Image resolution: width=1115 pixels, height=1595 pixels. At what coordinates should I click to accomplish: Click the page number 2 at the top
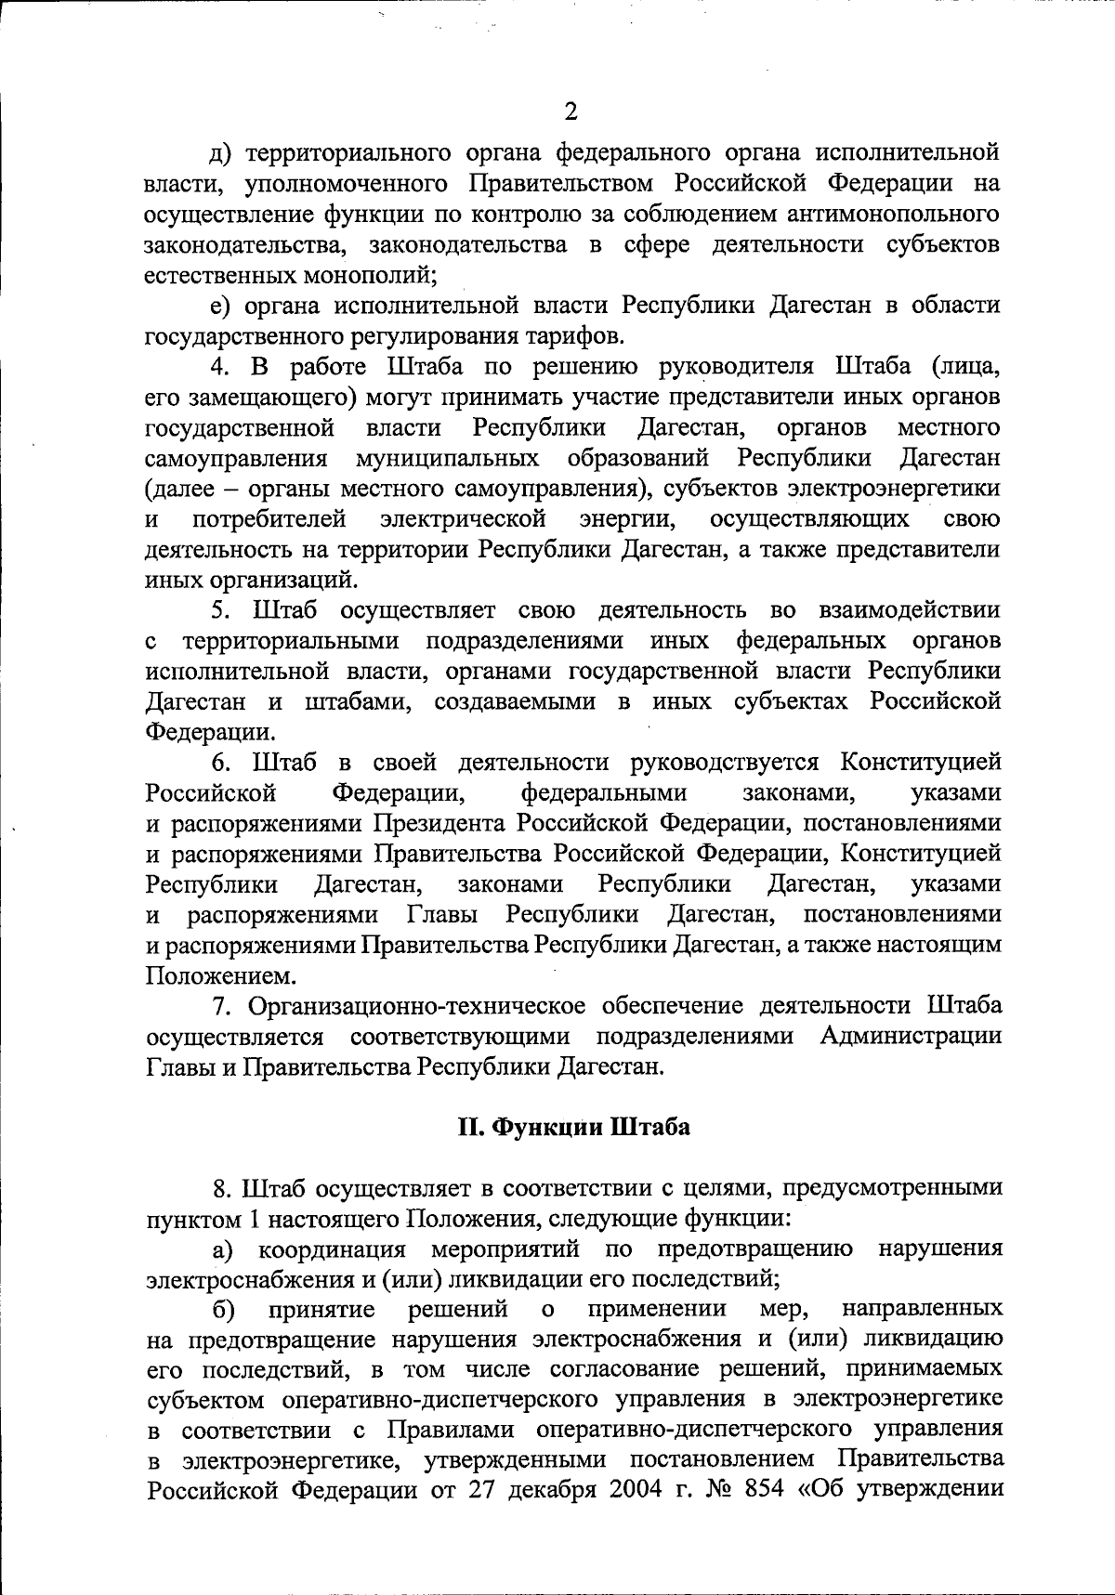[x=571, y=112]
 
